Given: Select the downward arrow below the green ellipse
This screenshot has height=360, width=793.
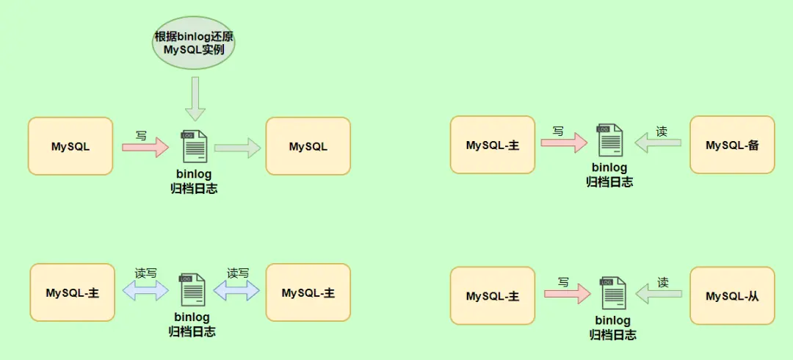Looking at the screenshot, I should pos(195,99).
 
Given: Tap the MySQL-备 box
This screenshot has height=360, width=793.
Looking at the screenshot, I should pos(731,145).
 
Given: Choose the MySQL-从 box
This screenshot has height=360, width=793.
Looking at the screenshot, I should pos(731,296).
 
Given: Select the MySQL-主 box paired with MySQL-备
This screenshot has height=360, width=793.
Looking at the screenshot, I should pos(493,145).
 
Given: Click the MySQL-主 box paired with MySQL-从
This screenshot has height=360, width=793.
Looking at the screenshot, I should pos(493,296).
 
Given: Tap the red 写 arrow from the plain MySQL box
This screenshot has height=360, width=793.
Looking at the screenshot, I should pos(145,147).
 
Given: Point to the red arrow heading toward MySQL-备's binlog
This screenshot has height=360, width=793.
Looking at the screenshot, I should pos(564,143).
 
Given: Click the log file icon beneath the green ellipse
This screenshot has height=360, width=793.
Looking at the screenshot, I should pos(194,146).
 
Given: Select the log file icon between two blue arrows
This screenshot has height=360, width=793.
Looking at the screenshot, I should pos(192,290).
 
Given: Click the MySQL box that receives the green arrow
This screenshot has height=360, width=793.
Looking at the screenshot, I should pos(308,146).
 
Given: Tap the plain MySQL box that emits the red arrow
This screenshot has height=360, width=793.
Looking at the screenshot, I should pos(70,146).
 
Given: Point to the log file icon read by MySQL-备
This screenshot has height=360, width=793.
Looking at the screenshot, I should pos(610,141).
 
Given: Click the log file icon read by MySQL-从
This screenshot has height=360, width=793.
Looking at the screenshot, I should pos(612,293).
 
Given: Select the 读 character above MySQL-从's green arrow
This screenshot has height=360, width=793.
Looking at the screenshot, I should pos(662,282).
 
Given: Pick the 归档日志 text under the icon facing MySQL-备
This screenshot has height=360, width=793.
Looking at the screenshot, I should pos(609,182).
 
